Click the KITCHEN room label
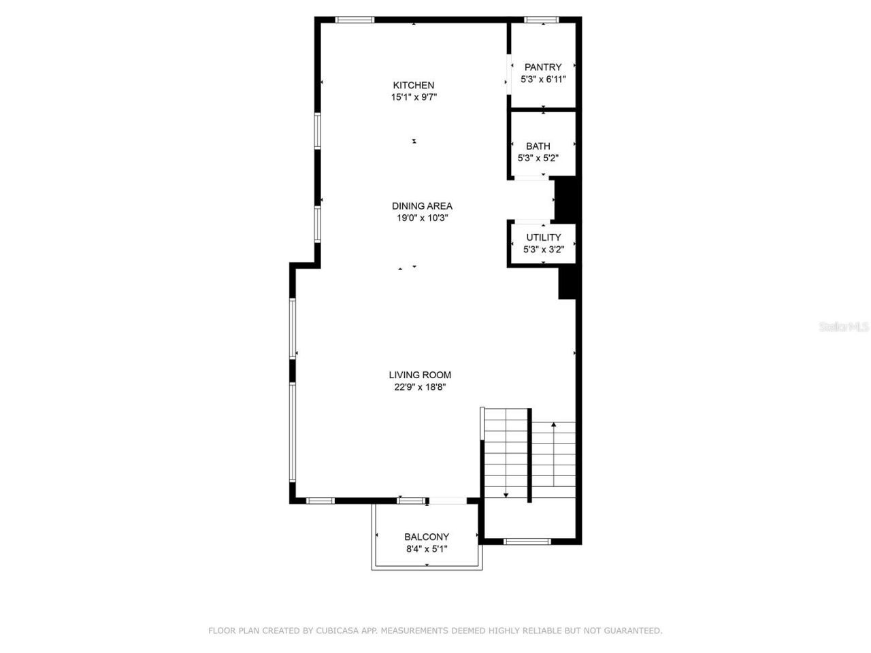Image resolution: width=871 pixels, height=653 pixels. point(413,85)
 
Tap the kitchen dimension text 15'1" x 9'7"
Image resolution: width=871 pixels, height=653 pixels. point(413,97)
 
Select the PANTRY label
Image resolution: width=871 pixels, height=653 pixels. point(543,67)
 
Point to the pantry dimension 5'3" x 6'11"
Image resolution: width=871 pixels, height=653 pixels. point(543,79)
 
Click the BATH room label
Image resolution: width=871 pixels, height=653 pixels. point(538,146)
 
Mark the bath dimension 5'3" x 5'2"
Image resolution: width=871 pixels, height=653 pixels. point(538,158)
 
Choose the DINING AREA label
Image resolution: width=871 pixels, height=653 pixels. point(422,206)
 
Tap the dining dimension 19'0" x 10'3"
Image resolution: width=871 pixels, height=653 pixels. point(422,218)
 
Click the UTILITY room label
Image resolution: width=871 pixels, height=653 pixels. point(544,237)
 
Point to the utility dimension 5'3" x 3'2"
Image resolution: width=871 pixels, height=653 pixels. point(544,249)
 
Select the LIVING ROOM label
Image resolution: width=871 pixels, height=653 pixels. point(420,375)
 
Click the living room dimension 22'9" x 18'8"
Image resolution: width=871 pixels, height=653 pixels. point(420,387)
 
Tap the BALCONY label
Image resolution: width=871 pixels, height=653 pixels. point(427,537)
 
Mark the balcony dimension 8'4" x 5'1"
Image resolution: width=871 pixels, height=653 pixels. point(427,549)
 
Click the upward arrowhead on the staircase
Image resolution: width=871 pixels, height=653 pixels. point(554,425)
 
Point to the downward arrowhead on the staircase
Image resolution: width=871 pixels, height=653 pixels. point(506,496)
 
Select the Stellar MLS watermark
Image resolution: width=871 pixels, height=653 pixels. point(844,326)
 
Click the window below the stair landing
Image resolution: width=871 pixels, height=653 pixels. point(527,541)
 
